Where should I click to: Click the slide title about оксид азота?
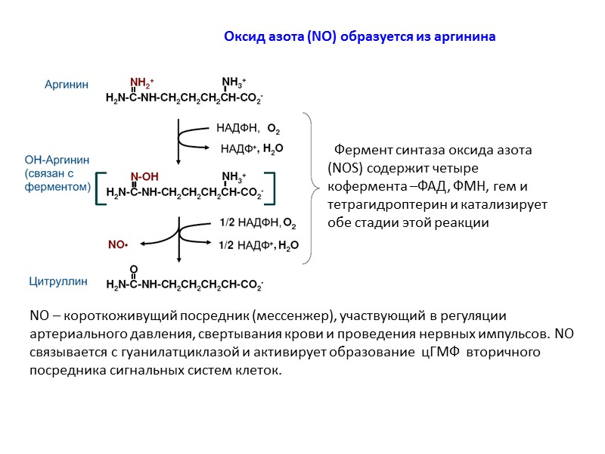click(x=360, y=36)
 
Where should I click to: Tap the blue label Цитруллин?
click(x=58, y=281)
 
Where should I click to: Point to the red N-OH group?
click(x=144, y=177)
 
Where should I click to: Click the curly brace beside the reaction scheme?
click(x=308, y=188)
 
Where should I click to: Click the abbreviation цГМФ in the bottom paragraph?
click(x=437, y=353)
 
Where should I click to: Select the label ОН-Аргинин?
click(x=57, y=160)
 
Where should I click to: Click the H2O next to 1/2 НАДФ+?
click(x=288, y=245)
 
